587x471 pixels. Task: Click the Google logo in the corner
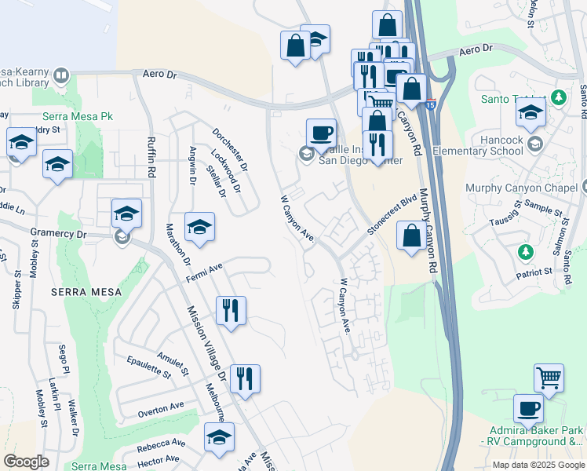pyautogui.click(x=26, y=461)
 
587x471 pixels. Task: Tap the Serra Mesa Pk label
pyautogui.click(x=78, y=116)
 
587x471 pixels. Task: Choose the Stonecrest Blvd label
pyautogui.click(x=390, y=214)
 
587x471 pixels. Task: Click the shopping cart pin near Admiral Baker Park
pyautogui.click(x=549, y=378)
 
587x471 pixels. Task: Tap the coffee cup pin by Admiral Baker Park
pyautogui.click(x=528, y=408)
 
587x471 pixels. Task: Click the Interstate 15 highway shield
pyautogui.click(x=430, y=104)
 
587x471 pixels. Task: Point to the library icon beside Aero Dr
pyautogui.click(x=61, y=77)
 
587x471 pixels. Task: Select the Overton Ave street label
pyautogui.click(x=160, y=408)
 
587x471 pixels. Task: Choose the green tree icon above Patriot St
pyautogui.click(x=525, y=252)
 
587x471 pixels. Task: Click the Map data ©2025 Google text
pyautogui.click(x=538, y=464)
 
